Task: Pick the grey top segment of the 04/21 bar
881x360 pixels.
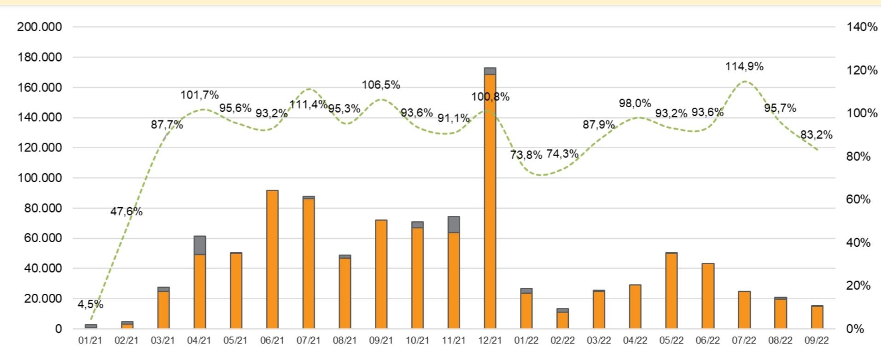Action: [x=199, y=245]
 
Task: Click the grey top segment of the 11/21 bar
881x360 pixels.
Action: [x=454, y=225]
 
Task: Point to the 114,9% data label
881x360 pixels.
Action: [x=744, y=67]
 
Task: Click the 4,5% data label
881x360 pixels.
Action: [x=90, y=304]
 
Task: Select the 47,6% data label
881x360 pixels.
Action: [x=126, y=212]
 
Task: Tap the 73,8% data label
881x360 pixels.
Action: [x=526, y=155]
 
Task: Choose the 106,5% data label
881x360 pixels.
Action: [x=381, y=85]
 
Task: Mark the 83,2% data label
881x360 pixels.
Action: [x=816, y=135]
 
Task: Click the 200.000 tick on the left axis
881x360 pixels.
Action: [x=40, y=27]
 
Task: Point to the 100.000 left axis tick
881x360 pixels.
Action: [x=40, y=178]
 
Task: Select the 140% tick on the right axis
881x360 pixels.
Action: [x=862, y=27]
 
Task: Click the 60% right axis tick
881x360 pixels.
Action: [x=858, y=199]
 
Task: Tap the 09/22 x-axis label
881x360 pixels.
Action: [x=817, y=341]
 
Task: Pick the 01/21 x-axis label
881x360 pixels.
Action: [x=90, y=341]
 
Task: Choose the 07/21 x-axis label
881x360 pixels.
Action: [x=308, y=341]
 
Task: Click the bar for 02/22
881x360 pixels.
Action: [x=562, y=319]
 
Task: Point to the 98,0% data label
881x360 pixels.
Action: [x=635, y=104]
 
